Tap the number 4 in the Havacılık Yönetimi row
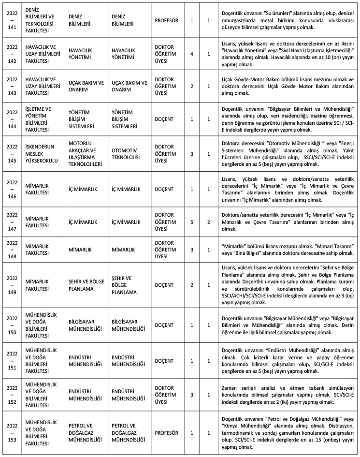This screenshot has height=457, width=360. tap(192, 53)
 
